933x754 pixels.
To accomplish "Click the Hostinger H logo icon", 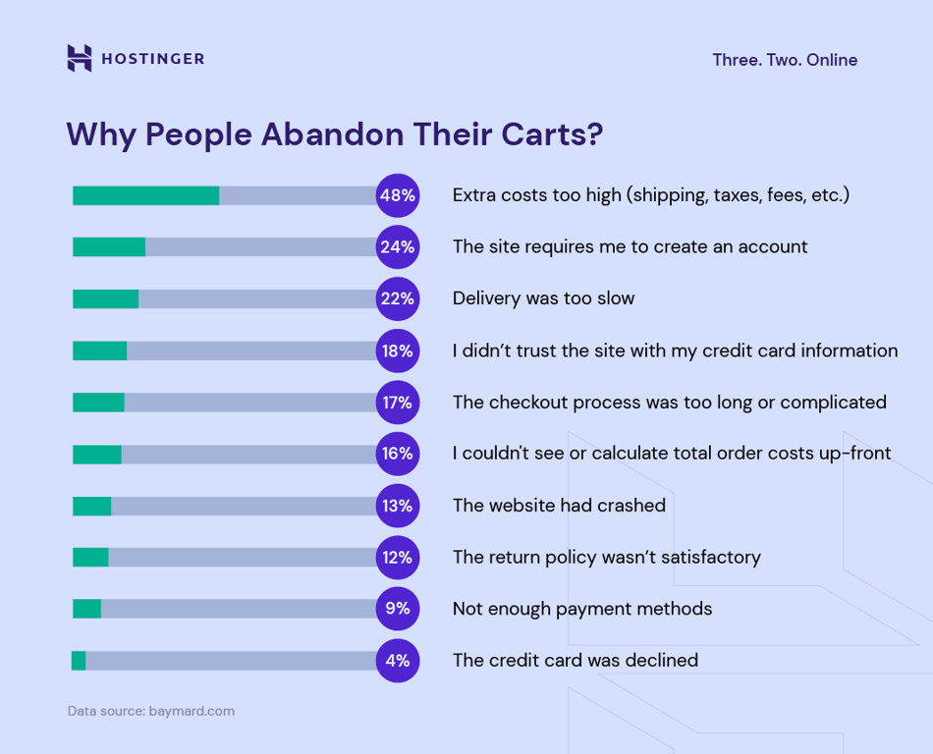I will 80,58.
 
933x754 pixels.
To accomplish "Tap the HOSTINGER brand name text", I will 152,59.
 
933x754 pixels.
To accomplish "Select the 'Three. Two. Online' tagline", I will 785,60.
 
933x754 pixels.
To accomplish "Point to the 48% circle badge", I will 398,195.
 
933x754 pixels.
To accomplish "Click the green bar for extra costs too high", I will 145,195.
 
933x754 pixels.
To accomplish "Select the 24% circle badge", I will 398,247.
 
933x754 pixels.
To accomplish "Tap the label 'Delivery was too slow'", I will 543,298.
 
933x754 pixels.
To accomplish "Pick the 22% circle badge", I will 398,298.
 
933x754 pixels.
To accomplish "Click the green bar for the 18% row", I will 99,350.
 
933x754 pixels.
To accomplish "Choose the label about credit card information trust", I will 675,350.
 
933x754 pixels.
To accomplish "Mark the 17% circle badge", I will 398,403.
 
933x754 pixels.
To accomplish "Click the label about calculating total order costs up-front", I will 672,454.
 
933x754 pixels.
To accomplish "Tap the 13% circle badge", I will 398,506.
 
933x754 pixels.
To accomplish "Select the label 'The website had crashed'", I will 559,506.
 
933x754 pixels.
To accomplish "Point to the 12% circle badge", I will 398,558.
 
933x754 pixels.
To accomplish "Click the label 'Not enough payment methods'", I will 582,609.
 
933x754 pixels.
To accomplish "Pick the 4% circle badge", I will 398,661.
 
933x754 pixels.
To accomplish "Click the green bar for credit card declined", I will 79,661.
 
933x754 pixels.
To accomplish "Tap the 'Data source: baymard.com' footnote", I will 151,711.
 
